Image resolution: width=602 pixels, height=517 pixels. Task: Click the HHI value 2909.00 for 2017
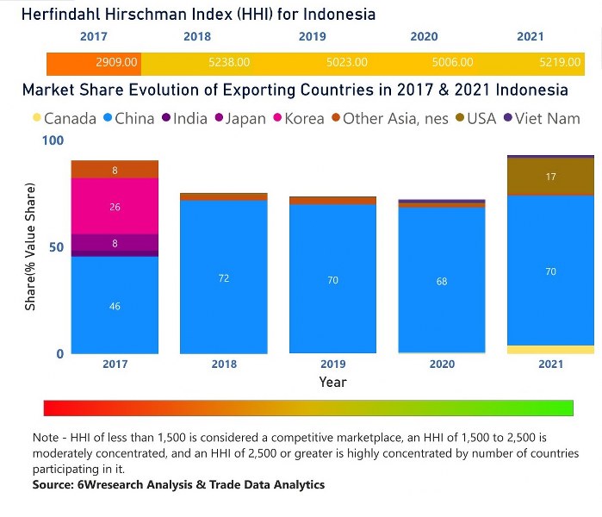tap(116, 63)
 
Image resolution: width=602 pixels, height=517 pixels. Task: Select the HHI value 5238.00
tap(230, 63)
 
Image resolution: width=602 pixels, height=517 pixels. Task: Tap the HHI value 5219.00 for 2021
tap(561, 63)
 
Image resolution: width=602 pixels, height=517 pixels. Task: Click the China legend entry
tap(129, 119)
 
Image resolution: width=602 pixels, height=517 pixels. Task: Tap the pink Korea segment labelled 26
tap(115, 206)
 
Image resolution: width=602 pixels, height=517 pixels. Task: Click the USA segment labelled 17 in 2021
tap(550, 177)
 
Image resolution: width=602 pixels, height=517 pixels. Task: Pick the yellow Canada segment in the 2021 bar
tap(550, 349)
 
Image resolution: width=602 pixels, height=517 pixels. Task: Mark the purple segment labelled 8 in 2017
tap(115, 243)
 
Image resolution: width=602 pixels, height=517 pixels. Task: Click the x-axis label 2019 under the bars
tap(332, 364)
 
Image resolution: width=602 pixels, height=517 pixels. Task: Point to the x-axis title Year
tap(332, 382)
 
